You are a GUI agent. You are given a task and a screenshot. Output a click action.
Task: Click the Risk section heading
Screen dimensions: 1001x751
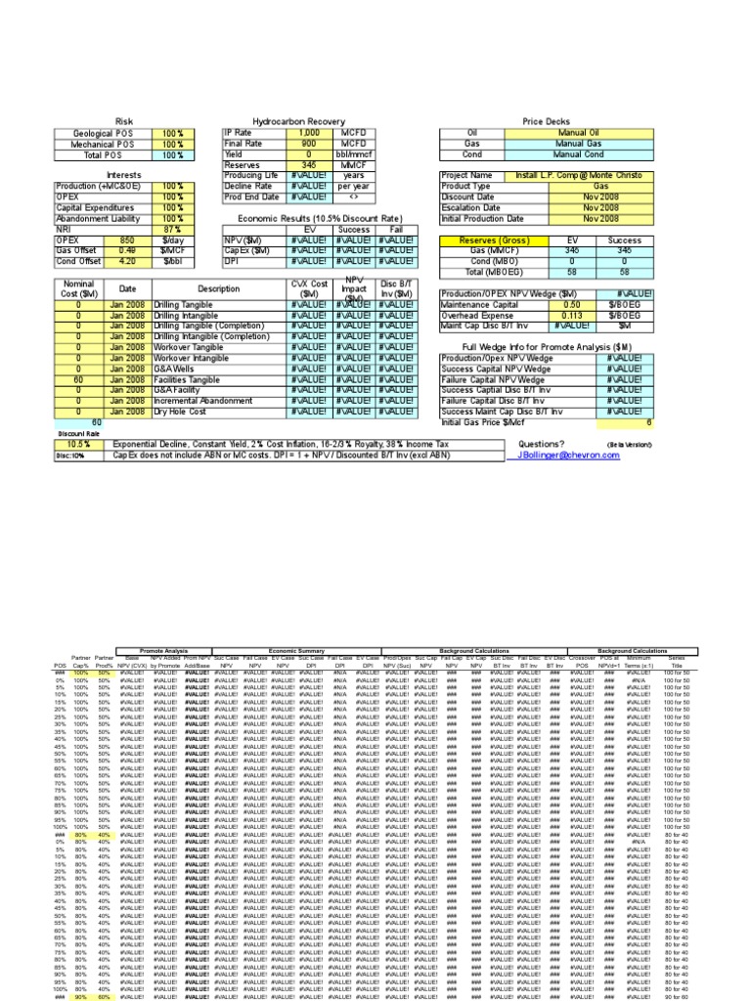pos(123,121)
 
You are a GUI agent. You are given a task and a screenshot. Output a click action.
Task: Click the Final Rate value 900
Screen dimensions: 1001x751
pos(309,144)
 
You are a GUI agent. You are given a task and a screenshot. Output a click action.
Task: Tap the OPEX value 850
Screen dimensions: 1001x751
pos(127,239)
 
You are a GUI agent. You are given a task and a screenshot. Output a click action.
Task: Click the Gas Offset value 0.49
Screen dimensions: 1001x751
pos(127,250)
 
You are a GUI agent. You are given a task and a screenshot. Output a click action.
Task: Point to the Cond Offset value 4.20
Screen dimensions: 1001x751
pos(127,261)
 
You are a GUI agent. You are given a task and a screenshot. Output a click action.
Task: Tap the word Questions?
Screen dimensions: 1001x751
pos(540,444)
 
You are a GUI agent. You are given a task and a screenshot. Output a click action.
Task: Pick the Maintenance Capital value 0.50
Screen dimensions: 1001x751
pos(569,304)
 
